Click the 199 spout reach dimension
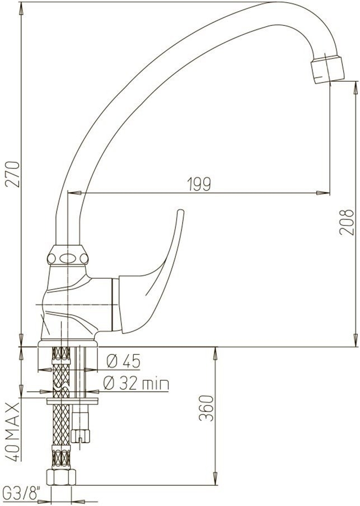[x=199, y=184]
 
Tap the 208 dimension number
[x=347, y=222]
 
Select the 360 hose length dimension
[x=206, y=408]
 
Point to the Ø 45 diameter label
[x=124, y=361]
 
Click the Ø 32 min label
[x=136, y=383]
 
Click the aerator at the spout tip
[x=328, y=69]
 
